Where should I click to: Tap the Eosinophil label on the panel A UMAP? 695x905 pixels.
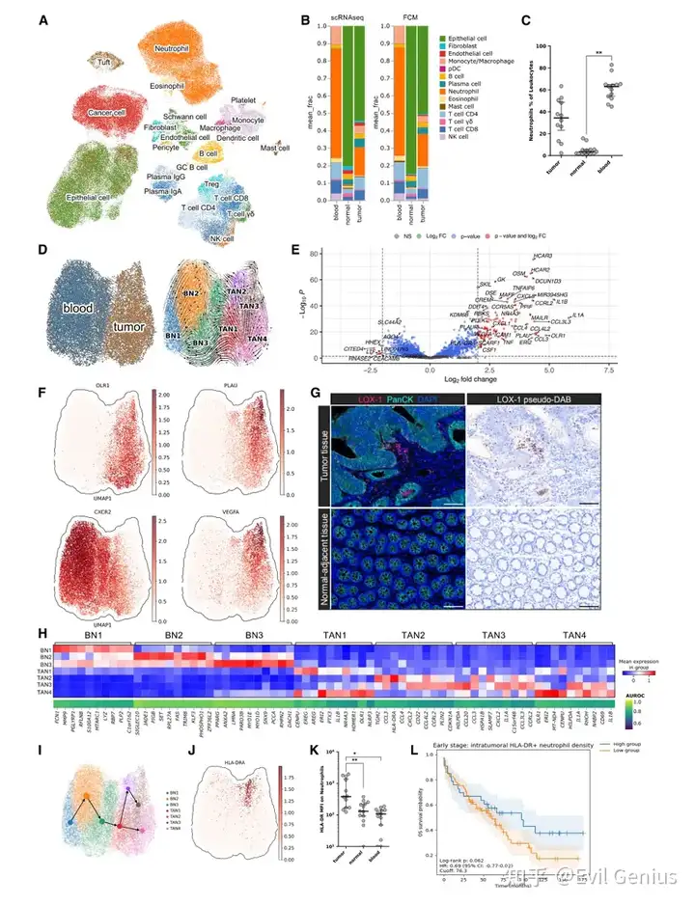coord(174,86)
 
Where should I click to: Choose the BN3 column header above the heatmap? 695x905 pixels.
coord(253,639)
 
